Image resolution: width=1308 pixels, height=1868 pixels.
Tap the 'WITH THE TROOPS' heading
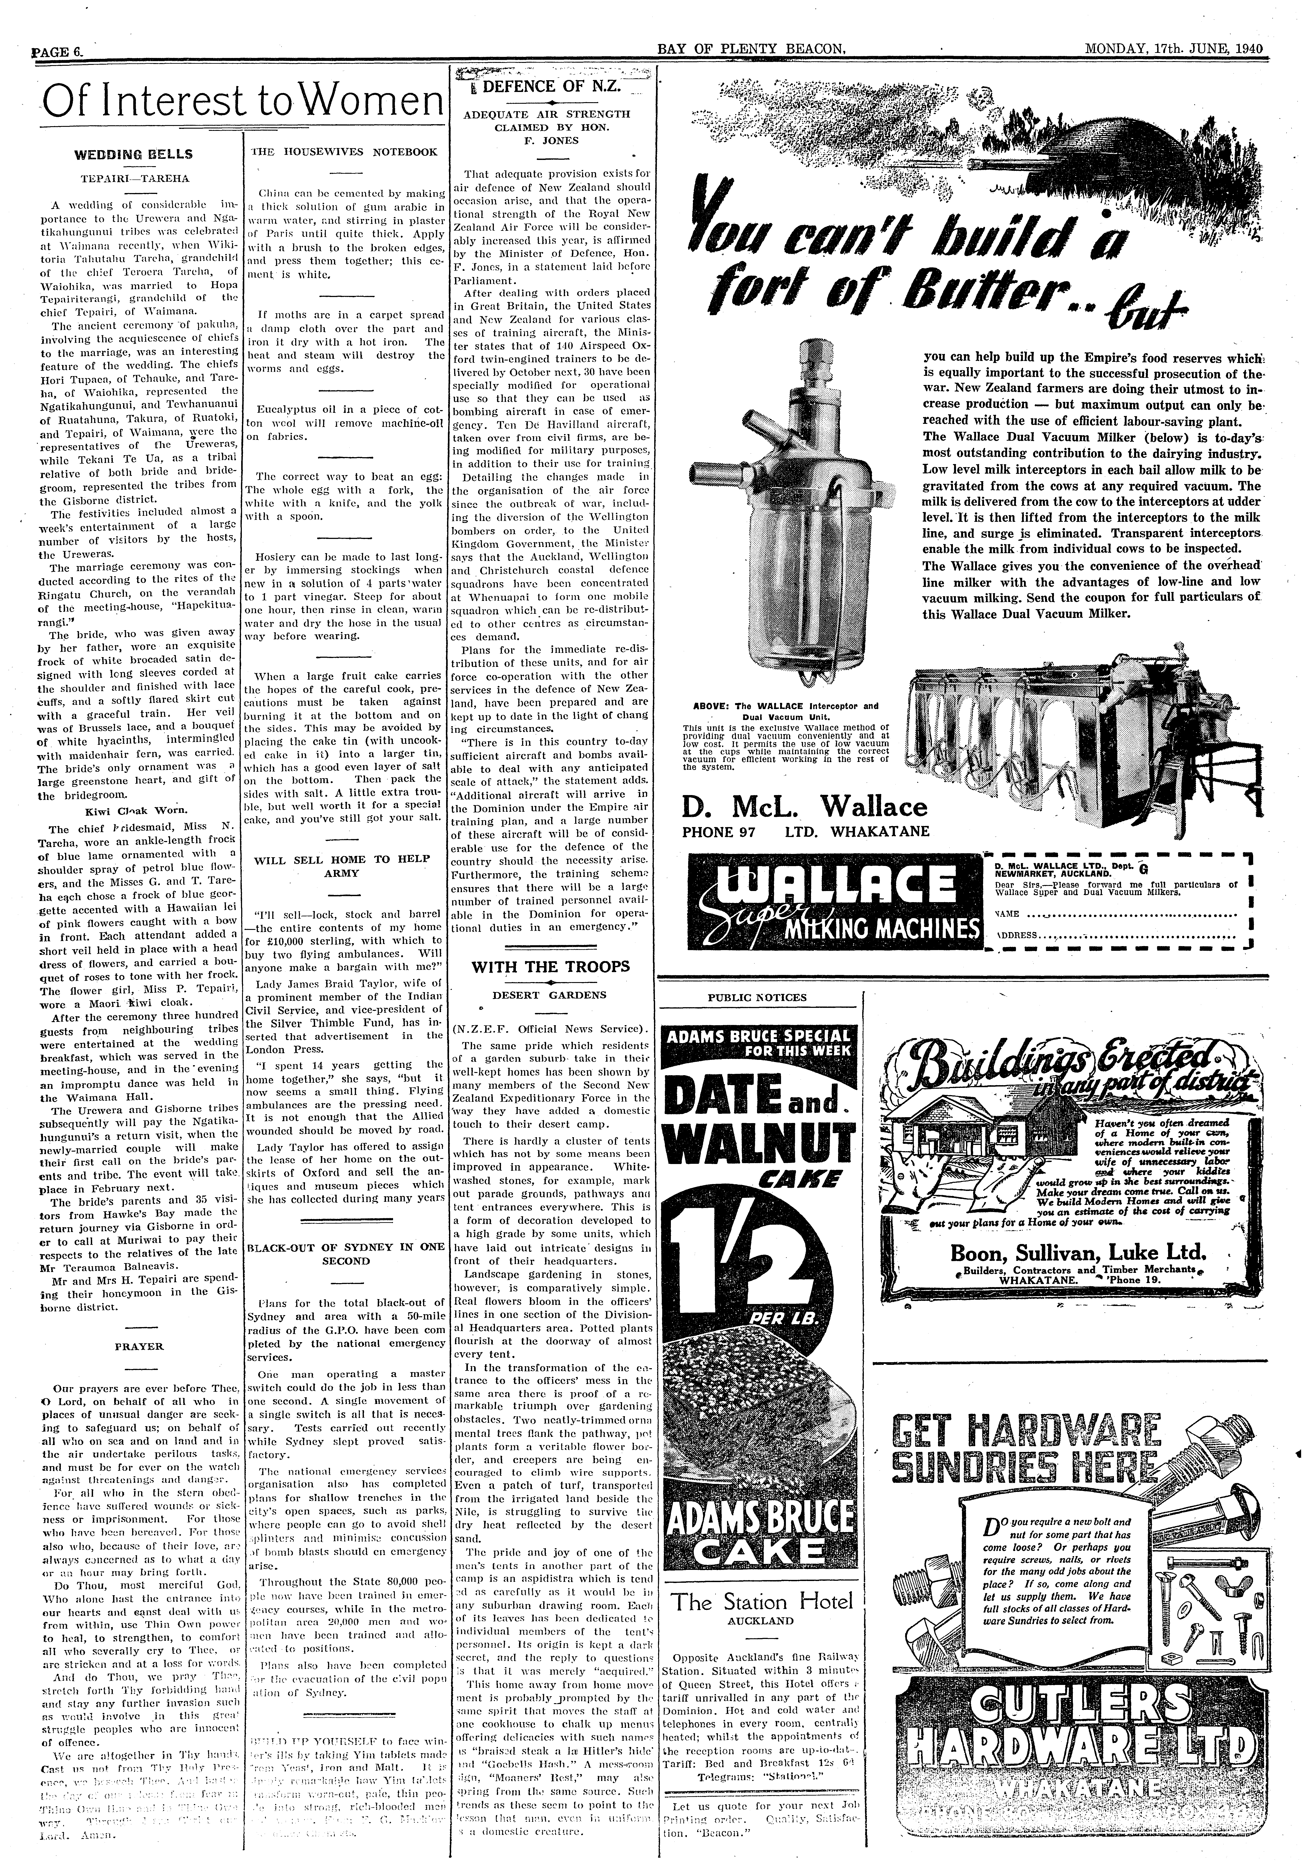[551, 967]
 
